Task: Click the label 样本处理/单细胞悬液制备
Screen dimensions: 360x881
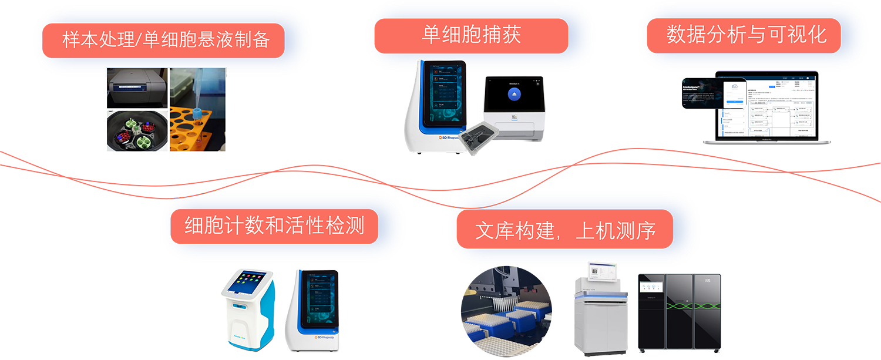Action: click(166, 41)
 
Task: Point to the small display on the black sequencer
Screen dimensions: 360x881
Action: click(650, 286)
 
